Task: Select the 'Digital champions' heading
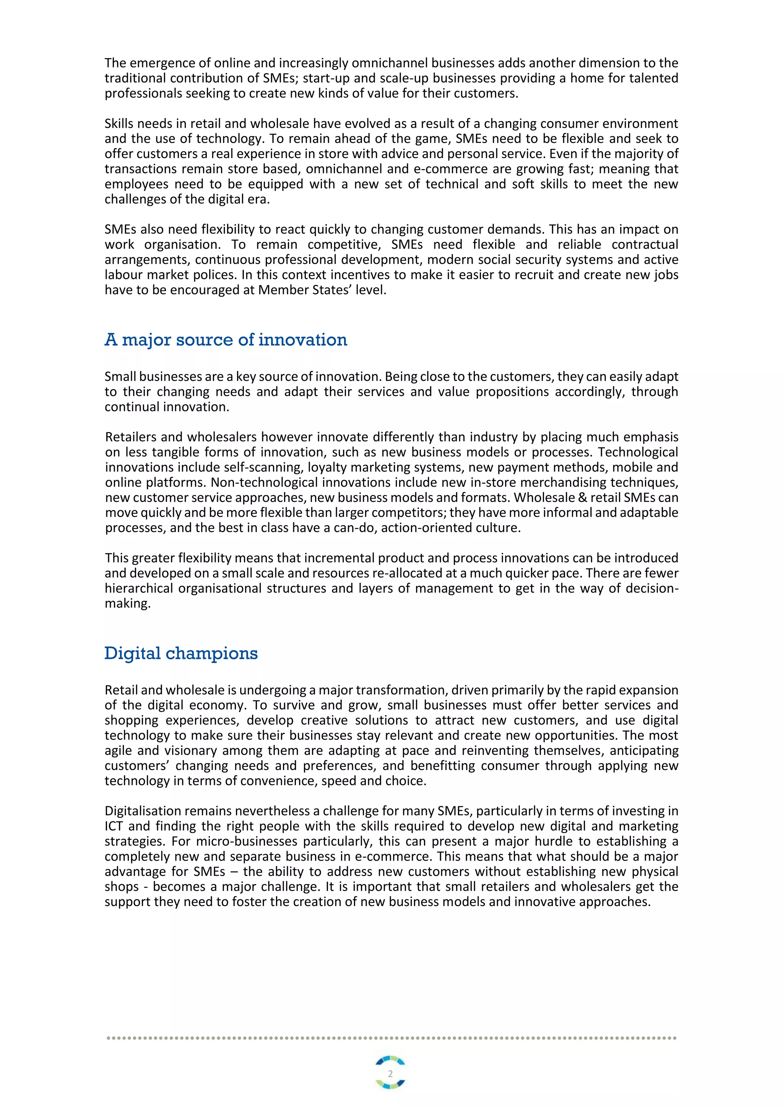[181, 653]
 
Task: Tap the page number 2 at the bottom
[390, 1074]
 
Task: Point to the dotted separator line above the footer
[391, 1037]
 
